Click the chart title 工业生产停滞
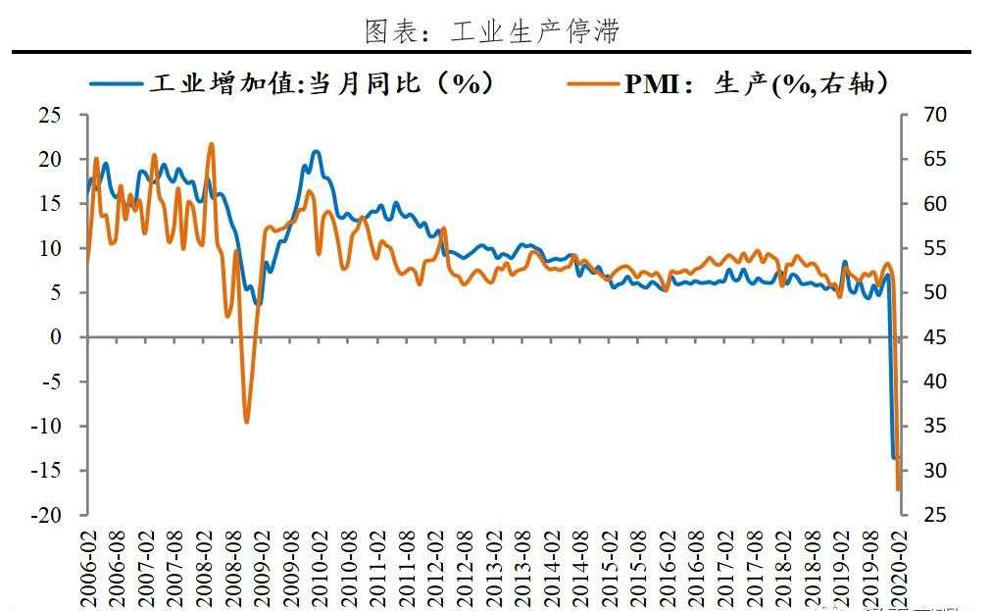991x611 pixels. [492, 30]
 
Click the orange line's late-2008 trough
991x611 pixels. [246, 422]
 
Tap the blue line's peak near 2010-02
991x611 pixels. [315, 151]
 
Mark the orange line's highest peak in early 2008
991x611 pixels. [212, 144]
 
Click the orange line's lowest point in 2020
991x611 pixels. [898, 489]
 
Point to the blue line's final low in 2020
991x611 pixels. [894, 457]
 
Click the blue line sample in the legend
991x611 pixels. [117, 83]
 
